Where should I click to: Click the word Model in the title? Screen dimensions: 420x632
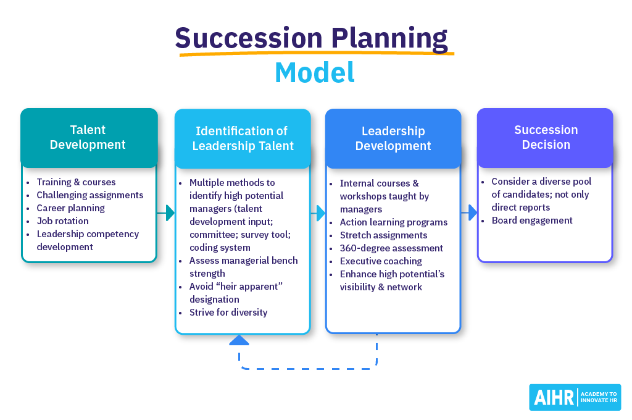pyautogui.click(x=315, y=72)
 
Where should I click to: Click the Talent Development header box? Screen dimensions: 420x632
pyautogui.click(x=89, y=138)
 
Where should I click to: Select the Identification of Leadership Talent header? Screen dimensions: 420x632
pyautogui.click(x=243, y=139)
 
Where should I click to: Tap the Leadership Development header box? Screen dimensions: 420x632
pyautogui.click(x=393, y=139)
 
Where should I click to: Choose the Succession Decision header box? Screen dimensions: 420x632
pyautogui.click(x=546, y=138)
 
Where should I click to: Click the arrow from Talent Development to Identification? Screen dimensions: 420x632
pyautogui.click(x=166, y=213)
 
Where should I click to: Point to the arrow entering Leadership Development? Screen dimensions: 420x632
pyautogui.click(x=318, y=213)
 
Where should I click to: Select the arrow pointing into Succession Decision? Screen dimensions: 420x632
pyautogui.click(x=470, y=212)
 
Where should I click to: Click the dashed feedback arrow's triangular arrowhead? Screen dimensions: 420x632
pyautogui.click(x=239, y=340)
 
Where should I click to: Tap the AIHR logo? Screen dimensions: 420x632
pyautogui.click(x=575, y=397)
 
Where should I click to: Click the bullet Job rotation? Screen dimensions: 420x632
pyautogui.click(x=62, y=221)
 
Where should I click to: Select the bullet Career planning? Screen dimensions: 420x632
pyautogui.click(x=70, y=208)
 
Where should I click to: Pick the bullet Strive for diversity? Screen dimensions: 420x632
pyautogui.click(x=228, y=313)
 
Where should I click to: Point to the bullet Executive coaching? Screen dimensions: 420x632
pyautogui.click(x=381, y=261)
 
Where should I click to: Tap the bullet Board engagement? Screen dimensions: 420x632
pyautogui.click(x=532, y=220)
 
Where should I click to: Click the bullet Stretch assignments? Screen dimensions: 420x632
pyautogui.click(x=383, y=235)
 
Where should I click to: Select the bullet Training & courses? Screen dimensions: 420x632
pyautogui.click(x=76, y=182)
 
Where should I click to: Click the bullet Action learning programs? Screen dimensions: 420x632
pyautogui.click(x=394, y=222)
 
